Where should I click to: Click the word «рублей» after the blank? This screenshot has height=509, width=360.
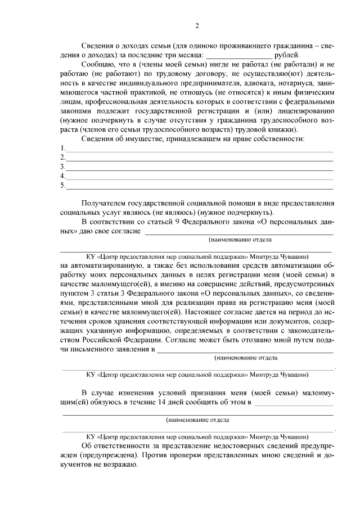tap(287, 55)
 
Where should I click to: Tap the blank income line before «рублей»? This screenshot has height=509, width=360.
tap(239, 55)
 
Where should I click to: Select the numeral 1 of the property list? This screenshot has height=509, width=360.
tap(62, 148)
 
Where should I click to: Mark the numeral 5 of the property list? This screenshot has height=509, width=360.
tap(62, 186)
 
